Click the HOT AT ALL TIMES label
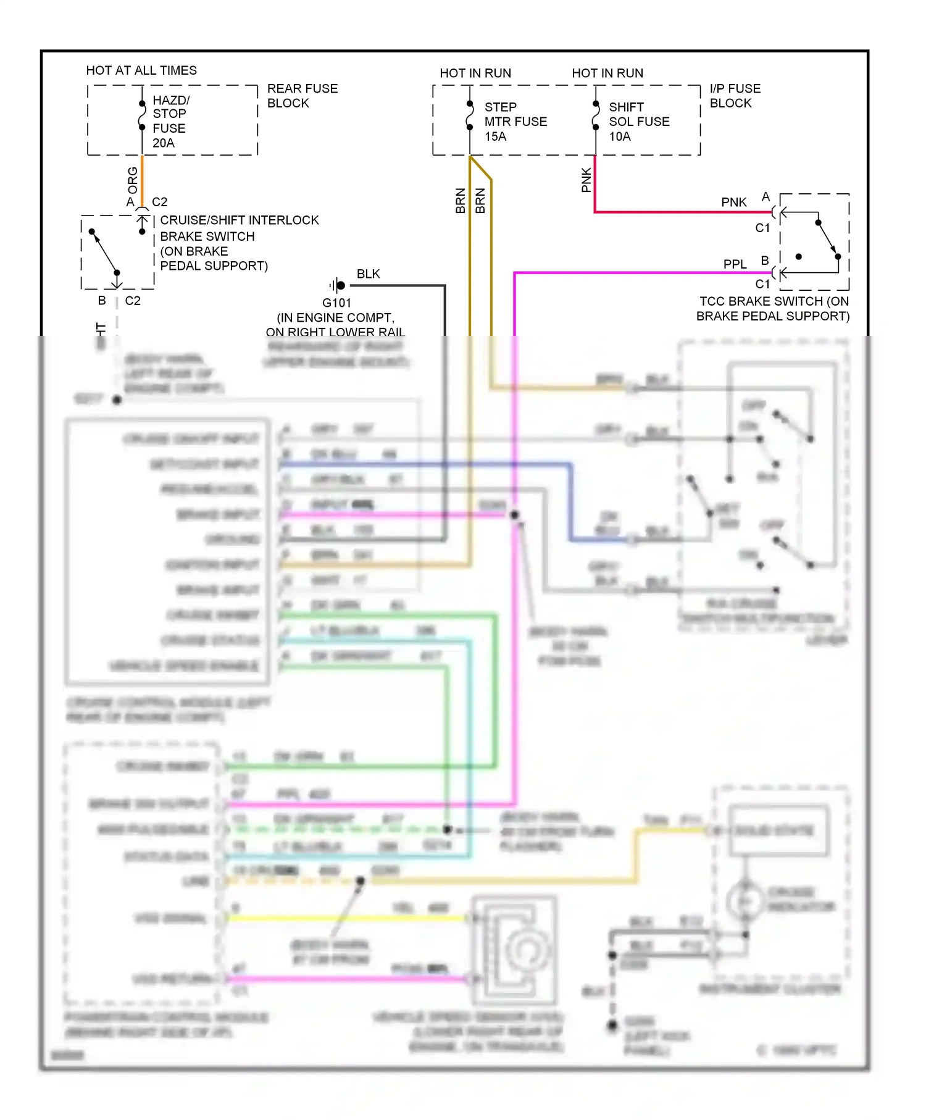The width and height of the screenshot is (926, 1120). pos(141,70)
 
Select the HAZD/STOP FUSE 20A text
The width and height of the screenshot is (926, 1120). pos(170,121)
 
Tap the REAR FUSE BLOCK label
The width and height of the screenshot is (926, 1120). pos(302,96)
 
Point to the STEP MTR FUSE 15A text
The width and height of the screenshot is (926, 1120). pos(515,122)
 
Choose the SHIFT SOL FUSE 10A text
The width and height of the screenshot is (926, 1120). pos(638,122)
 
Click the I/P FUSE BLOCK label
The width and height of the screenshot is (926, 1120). pos(735,96)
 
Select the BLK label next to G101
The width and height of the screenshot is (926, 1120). pos(368,274)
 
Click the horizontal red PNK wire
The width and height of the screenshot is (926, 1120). pos(679,212)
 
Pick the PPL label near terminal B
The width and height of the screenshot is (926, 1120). pos(735,264)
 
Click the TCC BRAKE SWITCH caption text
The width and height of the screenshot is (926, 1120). pos(773,309)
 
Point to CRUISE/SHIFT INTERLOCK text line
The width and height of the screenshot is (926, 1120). pos(240,220)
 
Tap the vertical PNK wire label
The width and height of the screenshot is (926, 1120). pos(586,180)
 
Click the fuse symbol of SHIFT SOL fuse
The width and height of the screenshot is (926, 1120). pos(596,115)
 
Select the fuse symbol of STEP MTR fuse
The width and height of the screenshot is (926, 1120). pos(470,115)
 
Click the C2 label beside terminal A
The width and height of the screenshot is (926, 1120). pos(159,202)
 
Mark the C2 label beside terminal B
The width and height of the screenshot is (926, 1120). pos(133,301)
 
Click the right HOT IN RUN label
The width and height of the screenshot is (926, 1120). pos(607,73)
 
